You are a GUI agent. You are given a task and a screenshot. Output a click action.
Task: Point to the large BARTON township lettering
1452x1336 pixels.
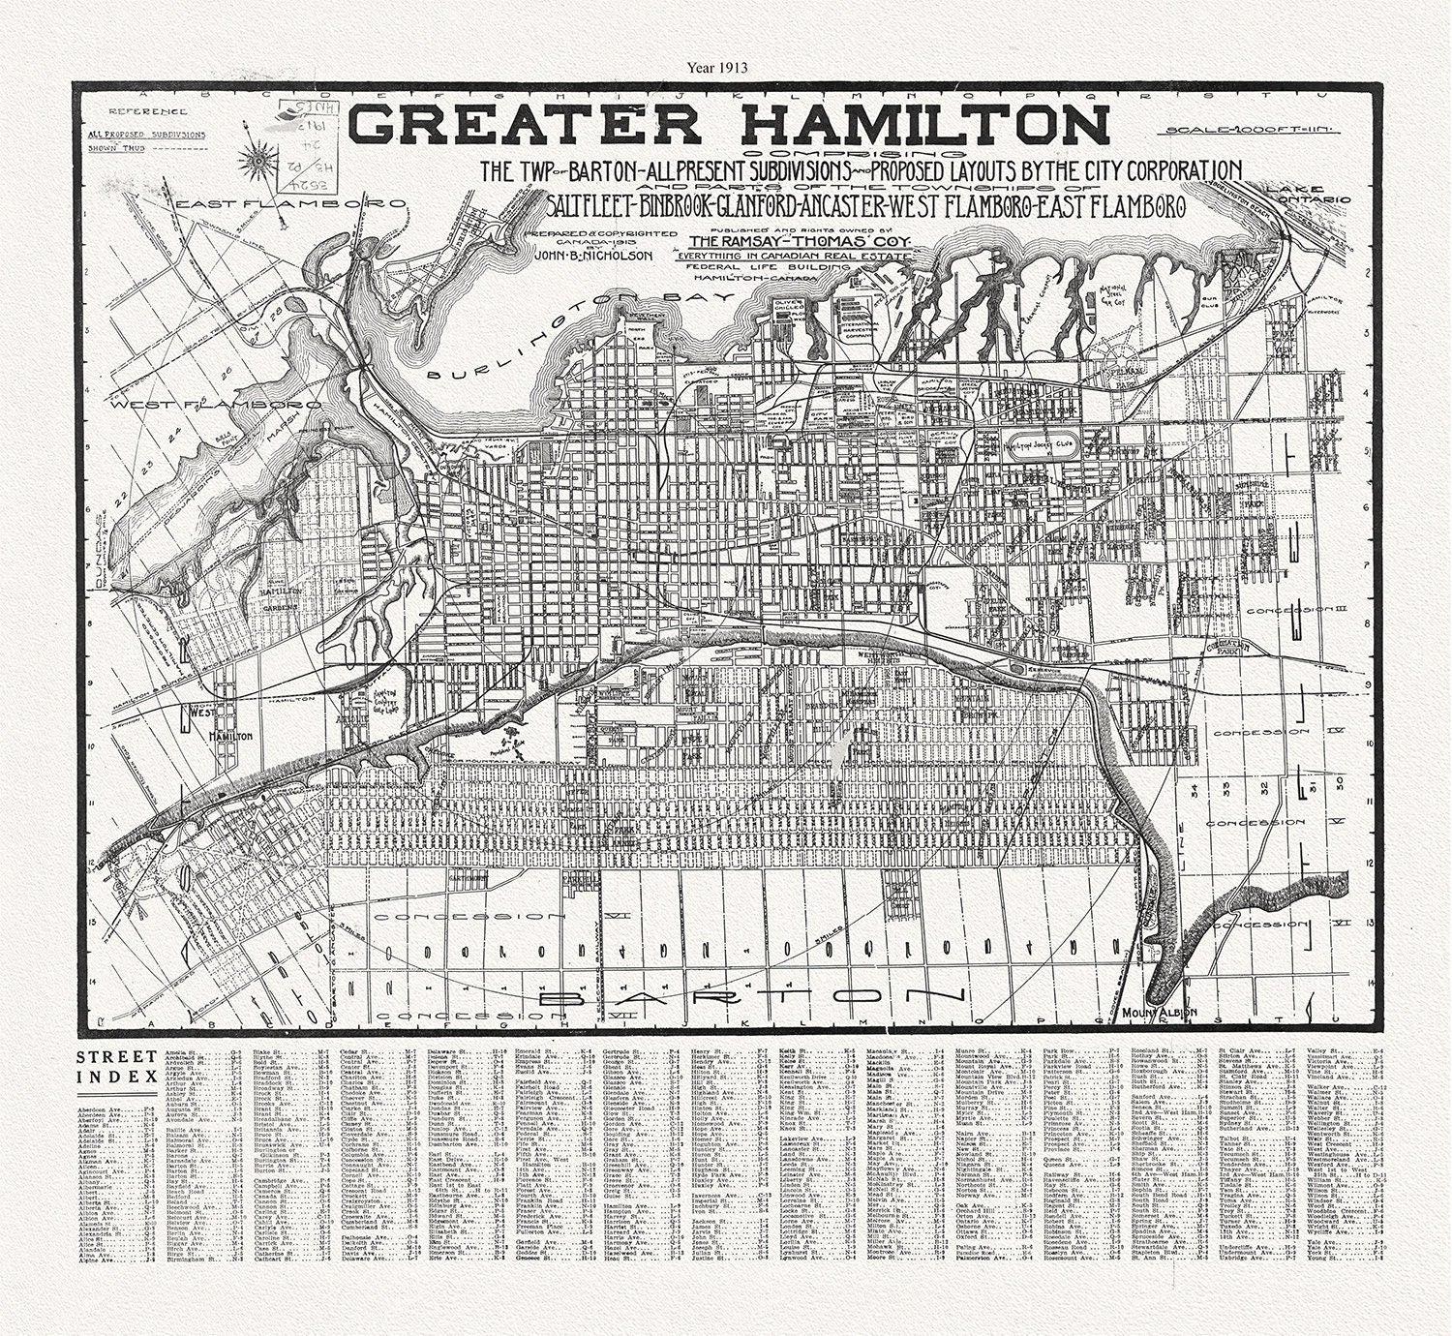[x=750, y=996]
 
